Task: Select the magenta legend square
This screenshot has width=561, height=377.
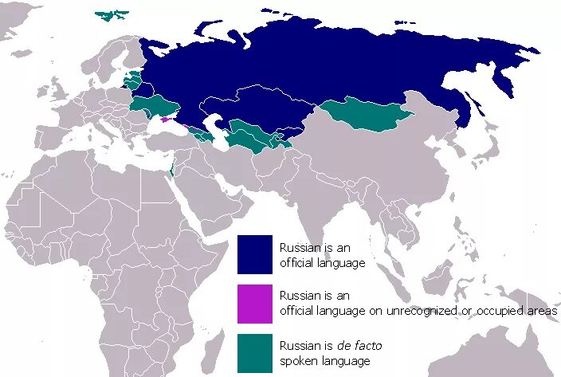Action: coord(254,304)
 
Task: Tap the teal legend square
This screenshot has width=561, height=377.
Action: coord(254,353)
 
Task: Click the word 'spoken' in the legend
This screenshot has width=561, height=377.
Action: coord(298,361)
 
